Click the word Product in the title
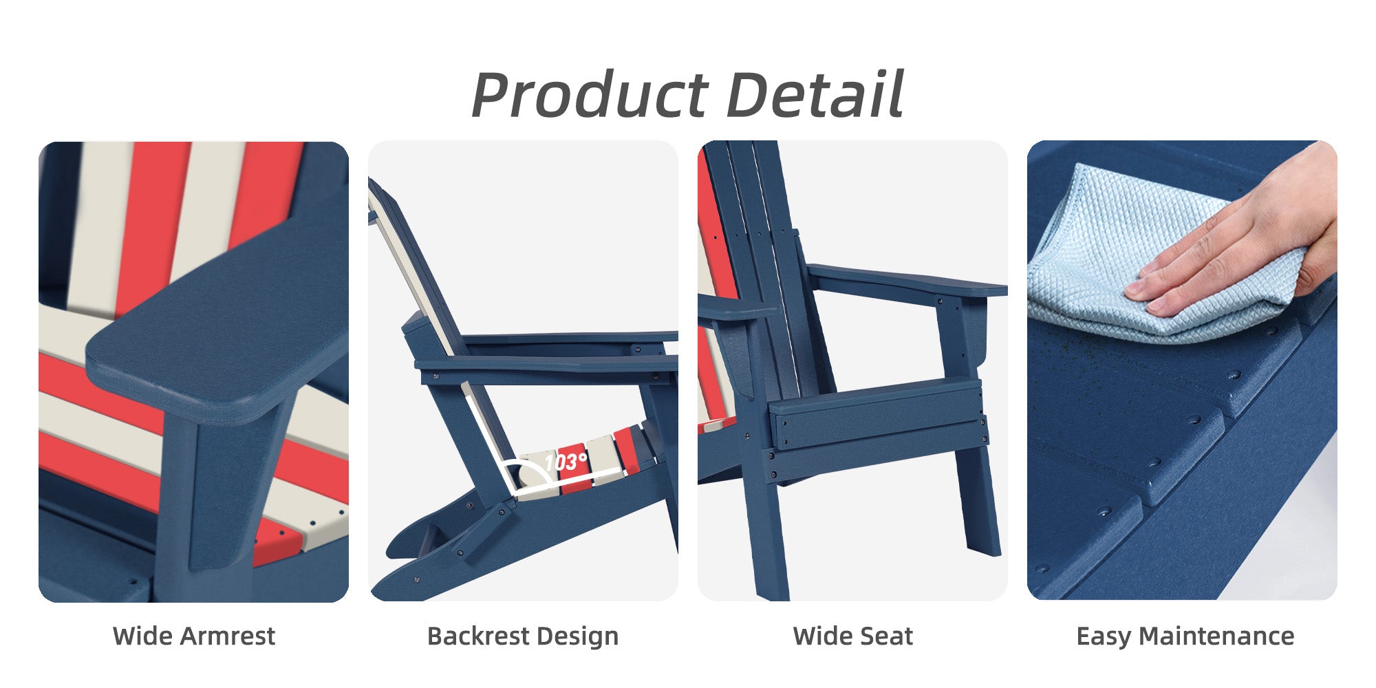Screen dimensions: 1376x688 click(x=590, y=96)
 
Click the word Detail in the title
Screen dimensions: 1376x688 click(x=815, y=94)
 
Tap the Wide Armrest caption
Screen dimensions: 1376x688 click(x=194, y=636)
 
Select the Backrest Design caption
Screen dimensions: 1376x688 click(x=523, y=636)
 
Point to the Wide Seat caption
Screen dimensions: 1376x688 click(x=853, y=636)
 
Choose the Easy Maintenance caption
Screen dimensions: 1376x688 click(x=1185, y=636)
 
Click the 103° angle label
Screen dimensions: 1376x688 click(x=566, y=462)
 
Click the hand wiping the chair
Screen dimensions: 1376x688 click(x=1238, y=234)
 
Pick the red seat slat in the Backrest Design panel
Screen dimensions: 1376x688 click(x=575, y=466)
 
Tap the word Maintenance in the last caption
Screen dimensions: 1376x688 click(x=1216, y=636)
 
